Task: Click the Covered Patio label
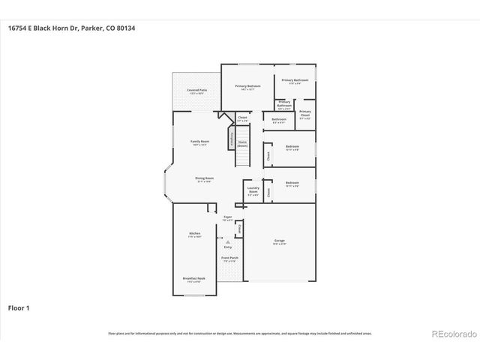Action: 197,91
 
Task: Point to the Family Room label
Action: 199,142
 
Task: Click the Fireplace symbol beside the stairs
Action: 231,140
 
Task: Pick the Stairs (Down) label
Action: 242,143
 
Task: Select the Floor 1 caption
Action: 19,307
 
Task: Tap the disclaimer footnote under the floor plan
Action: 240,333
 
